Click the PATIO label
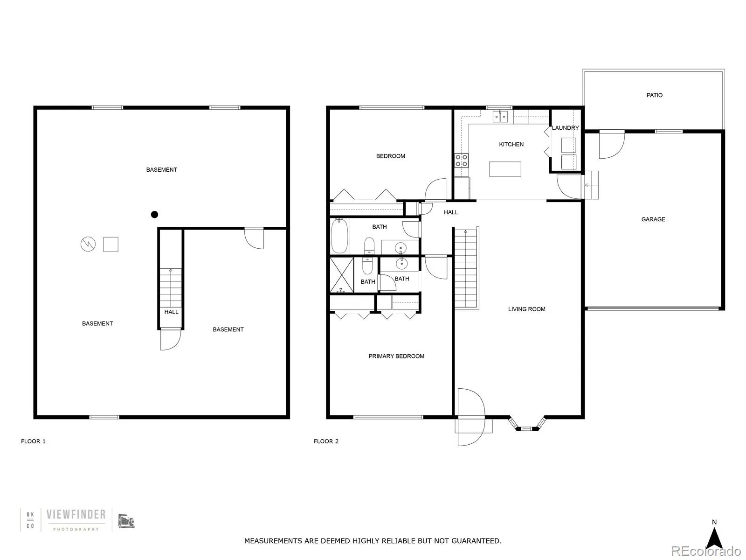pos(654,95)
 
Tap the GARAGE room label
pos(653,219)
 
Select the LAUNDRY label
pos(565,128)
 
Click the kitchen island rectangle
pos(505,169)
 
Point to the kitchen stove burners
pos(462,161)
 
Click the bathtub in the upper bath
pos(339,236)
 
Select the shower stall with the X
pos(342,275)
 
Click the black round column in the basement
pos(154,215)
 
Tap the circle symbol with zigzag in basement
pos(88,244)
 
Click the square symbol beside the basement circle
pos(111,244)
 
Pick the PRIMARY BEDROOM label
pos(396,356)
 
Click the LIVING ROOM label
pos(526,309)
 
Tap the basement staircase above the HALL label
pos(170,286)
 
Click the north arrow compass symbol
pos(714,539)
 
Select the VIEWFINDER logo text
pos(76,515)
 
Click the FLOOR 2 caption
pos(326,441)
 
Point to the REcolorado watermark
pos(706,551)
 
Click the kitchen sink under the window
pos(500,116)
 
